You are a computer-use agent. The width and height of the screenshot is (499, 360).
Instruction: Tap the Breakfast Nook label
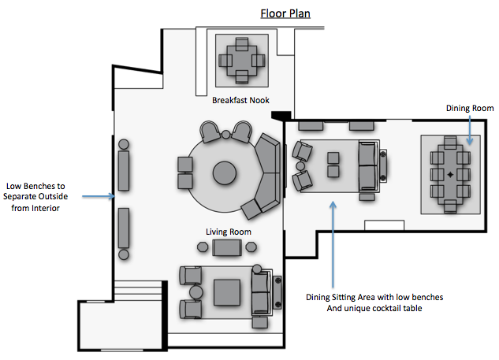click(243, 100)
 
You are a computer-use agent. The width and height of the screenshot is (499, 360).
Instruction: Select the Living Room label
click(228, 232)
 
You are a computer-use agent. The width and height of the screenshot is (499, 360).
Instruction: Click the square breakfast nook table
click(241, 58)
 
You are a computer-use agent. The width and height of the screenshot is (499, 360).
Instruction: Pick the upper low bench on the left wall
click(124, 170)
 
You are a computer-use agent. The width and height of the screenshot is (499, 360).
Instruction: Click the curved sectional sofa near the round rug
click(266, 175)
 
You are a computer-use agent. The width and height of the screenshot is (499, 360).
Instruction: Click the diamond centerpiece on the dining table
click(450, 173)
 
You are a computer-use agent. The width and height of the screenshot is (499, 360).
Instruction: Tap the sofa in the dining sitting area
click(368, 164)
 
